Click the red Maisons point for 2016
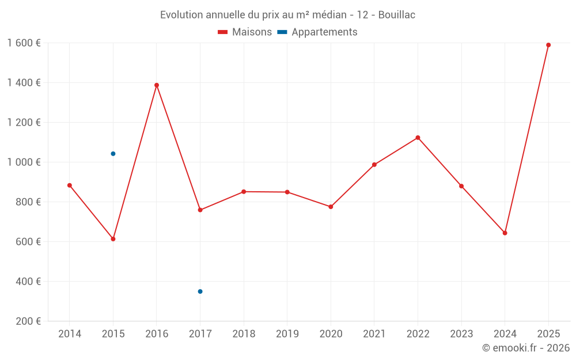pos(157,85)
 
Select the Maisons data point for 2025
pos(548,45)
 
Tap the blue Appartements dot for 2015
pos(113,154)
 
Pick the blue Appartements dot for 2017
pos(200,291)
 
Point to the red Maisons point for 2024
pos(505,233)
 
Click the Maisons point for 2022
pos(418,138)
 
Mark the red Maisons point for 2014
pos(70,185)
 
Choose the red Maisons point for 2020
pos(331,207)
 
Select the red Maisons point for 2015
pos(113,239)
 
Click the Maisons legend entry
pos(245,32)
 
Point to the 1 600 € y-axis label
pos(24,43)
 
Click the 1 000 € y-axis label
pos(24,162)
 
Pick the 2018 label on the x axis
pos(244,334)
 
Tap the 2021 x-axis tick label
pos(374,334)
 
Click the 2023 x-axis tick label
pos(461,334)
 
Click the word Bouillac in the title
pos(397,15)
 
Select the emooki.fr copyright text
pos(526,348)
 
